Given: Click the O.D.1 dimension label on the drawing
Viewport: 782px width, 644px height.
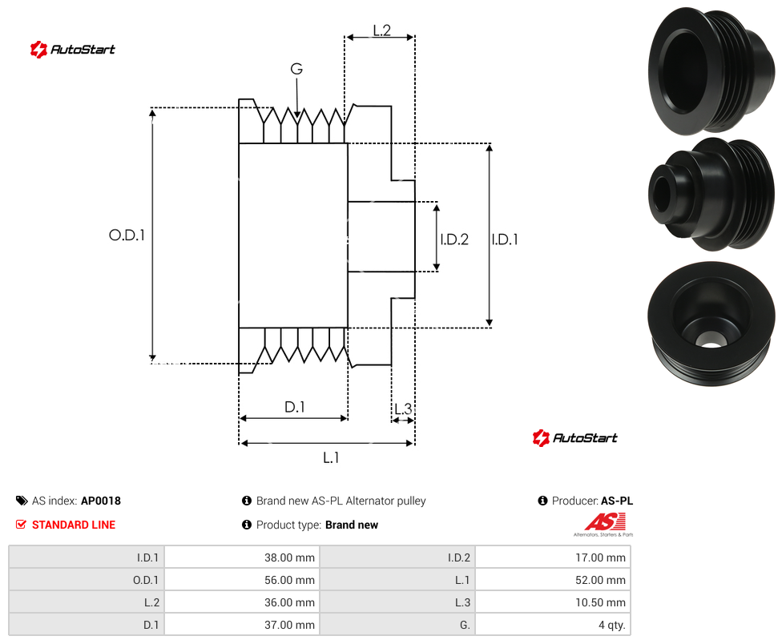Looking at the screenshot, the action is (x=127, y=235).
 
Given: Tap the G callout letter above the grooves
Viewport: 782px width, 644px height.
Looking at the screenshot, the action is (x=296, y=69).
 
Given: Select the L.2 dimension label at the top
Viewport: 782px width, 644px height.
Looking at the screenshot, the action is (x=381, y=30).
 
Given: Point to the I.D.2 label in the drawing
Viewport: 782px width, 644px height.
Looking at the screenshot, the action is (x=454, y=239).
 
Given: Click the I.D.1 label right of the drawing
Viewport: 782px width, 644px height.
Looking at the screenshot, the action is (x=505, y=239).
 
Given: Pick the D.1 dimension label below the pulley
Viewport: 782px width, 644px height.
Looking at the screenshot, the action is (x=294, y=407).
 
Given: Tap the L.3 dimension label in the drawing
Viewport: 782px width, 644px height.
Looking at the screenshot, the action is (x=403, y=409).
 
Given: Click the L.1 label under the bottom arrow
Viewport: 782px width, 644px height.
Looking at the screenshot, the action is (x=331, y=457).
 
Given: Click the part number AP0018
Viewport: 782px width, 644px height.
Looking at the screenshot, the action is (x=101, y=501).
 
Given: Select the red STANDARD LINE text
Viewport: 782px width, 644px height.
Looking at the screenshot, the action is (x=74, y=525).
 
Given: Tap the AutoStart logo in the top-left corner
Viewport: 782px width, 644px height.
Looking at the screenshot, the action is (x=73, y=50).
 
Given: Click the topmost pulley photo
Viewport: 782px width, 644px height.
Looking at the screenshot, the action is (x=712, y=70).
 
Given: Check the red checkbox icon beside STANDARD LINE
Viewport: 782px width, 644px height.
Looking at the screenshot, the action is (x=21, y=525).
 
